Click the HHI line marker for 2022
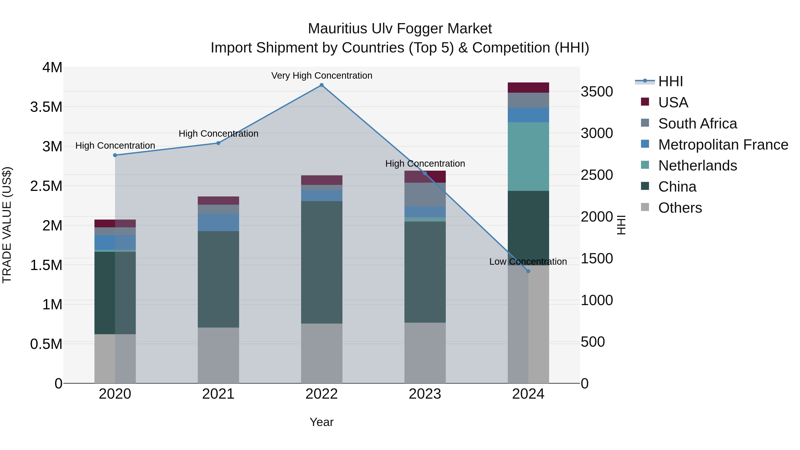[x=321, y=85]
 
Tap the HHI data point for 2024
[x=528, y=271]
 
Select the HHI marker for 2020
[x=115, y=155]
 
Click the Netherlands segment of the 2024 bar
[x=528, y=156]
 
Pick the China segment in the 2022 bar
[x=321, y=262]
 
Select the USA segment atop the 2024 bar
[x=528, y=88]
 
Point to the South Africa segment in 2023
[x=425, y=194]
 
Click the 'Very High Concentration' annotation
[x=321, y=76]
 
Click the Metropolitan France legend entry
[x=723, y=145]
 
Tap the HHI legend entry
[x=670, y=81]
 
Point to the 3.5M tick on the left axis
[x=46, y=107]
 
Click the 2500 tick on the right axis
[x=597, y=175]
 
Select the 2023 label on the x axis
[x=425, y=394]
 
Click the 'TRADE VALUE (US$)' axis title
[x=7, y=225]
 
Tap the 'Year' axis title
[x=321, y=422]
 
